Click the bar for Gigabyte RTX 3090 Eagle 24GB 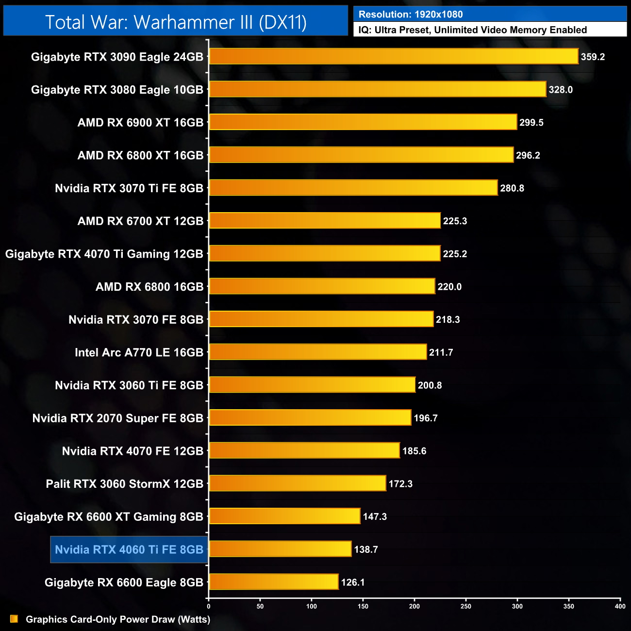click(393, 56)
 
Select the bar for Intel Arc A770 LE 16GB click(317, 352)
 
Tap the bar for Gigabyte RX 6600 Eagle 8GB click(273, 581)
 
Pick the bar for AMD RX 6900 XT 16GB click(363, 122)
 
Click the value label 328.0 click(561, 90)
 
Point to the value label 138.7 click(366, 549)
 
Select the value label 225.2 click(455, 254)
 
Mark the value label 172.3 click(400, 484)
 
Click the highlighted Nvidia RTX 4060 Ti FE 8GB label click(129, 549)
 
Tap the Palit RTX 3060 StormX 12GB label click(124, 484)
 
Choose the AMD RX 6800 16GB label click(149, 287)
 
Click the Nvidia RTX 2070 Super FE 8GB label click(117, 418)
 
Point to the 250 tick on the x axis click(466, 606)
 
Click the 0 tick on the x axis click(209, 606)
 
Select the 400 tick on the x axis click(620, 606)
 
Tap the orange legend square click(14, 619)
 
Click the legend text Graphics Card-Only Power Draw click(117, 619)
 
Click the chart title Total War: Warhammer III click(176, 22)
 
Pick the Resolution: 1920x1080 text click(411, 15)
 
